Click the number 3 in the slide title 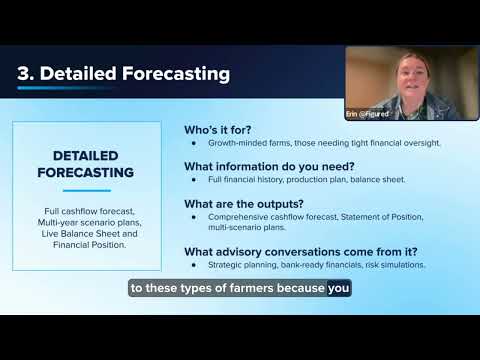[x=24, y=73]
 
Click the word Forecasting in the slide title [x=176, y=74]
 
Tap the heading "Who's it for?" [x=218, y=130]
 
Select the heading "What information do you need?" [x=269, y=166]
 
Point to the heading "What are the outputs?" [x=244, y=204]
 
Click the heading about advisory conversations [x=301, y=252]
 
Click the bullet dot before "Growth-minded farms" [x=194, y=143]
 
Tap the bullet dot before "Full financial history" [x=194, y=180]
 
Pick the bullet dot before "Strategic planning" [x=194, y=265]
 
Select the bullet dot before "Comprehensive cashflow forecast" [x=194, y=217]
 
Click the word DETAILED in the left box [x=86, y=156]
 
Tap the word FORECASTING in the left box [x=86, y=173]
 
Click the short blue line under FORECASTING [x=87, y=191]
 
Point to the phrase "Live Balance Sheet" [x=81, y=234]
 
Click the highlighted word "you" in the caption [x=339, y=288]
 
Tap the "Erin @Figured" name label [x=367, y=114]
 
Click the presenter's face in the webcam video [x=413, y=80]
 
